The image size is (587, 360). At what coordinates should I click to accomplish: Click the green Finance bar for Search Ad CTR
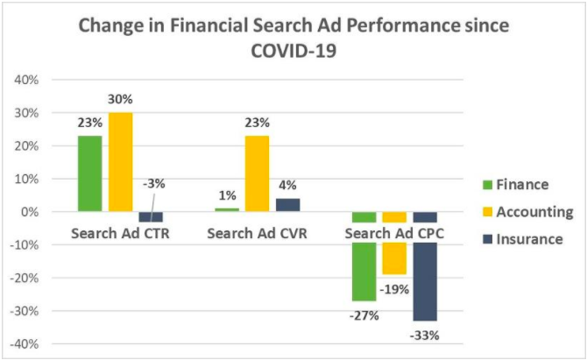(x=89, y=173)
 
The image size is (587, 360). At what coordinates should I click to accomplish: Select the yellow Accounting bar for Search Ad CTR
(x=120, y=162)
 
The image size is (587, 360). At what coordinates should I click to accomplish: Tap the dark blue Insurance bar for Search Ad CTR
(x=151, y=216)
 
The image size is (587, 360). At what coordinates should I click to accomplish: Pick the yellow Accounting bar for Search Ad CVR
(x=257, y=173)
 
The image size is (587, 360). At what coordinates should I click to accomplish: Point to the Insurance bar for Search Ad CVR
(x=287, y=205)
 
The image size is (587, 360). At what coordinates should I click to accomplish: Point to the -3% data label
(x=152, y=184)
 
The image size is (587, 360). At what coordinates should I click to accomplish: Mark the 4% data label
(x=287, y=185)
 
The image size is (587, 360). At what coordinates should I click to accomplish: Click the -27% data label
(x=364, y=314)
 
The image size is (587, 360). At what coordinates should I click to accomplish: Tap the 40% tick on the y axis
(x=26, y=80)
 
